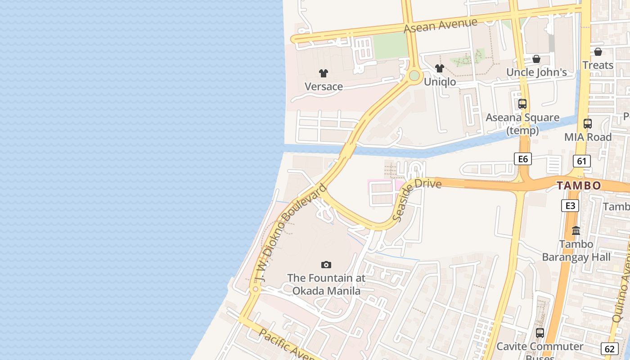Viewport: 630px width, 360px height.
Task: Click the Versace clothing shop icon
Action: coord(324,73)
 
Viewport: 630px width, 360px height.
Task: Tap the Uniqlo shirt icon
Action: coord(440,68)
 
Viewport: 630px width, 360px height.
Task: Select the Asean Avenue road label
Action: coord(440,25)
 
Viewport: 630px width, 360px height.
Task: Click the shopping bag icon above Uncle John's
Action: coord(536,59)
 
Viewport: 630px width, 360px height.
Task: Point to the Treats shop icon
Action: coord(598,52)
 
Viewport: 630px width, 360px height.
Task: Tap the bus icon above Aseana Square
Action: coord(522,104)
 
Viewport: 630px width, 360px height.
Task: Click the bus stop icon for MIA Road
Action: coord(588,123)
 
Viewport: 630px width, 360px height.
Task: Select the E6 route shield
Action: coord(523,158)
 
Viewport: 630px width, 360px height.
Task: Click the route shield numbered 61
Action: coord(582,161)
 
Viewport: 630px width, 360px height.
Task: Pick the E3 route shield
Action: coord(570,206)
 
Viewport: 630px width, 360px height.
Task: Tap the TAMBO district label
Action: coord(579,185)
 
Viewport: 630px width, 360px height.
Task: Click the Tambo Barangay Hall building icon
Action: coord(576,231)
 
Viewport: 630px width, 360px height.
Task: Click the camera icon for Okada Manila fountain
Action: coord(326,265)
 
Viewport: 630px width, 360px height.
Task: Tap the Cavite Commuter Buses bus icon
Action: coord(540,333)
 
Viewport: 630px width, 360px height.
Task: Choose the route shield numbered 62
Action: coord(610,348)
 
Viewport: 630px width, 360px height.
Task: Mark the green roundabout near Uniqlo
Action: coord(414,76)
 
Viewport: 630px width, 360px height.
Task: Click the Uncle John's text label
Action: coord(536,72)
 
